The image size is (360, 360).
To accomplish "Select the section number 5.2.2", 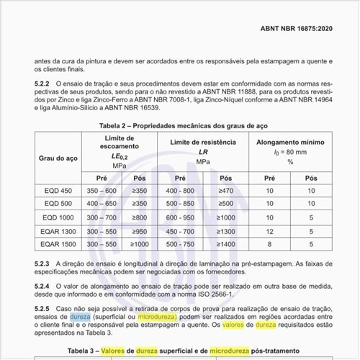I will (44, 84).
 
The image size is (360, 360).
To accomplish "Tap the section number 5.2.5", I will (44, 308).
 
